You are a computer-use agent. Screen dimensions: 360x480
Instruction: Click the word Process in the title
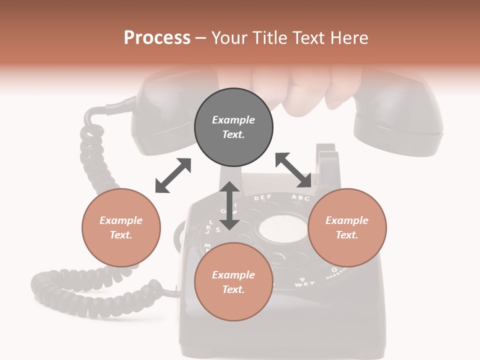(x=157, y=38)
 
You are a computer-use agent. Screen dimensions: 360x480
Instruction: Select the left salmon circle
(x=121, y=227)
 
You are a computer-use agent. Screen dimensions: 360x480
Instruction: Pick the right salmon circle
(x=347, y=227)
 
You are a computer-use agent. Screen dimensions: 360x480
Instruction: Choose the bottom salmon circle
(x=233, y=281)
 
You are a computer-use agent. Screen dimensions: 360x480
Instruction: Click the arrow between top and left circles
(x=173, y=175)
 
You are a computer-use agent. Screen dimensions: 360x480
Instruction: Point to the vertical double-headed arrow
(x=229, y=205)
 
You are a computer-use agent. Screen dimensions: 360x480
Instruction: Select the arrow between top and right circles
(x=293, y=170)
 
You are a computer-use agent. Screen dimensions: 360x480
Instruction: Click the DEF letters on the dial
(x=262, y=198)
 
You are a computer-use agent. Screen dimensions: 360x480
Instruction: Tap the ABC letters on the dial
(x=300, y=197)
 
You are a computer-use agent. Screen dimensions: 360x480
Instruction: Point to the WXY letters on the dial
(x=304, y=283)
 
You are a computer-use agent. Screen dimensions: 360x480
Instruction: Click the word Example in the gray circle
(x=233, y=120)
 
